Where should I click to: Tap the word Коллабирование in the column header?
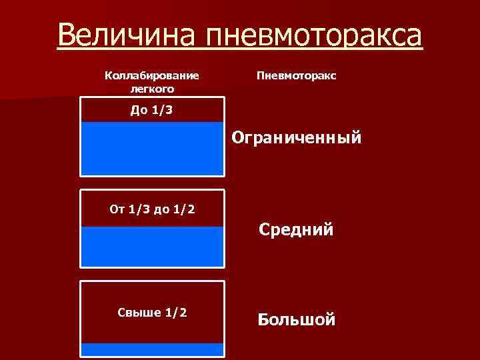(152, 76)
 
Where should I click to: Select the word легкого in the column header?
(152, 88)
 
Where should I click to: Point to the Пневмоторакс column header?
(297, 76)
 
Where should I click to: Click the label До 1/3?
(151, 110)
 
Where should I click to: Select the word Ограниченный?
(297, 139)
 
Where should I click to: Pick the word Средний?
(296, 231)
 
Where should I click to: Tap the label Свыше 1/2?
(153, 313)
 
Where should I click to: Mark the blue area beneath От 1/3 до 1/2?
(153, 246)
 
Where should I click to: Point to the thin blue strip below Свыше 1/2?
(153, 349)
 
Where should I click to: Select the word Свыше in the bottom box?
(135, 313)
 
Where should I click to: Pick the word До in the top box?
(139, 110)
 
